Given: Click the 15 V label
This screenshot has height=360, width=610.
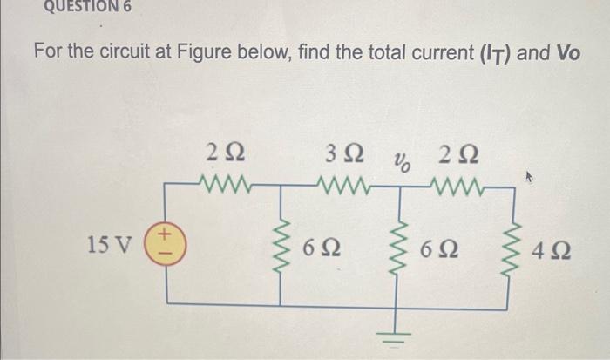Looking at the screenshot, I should coord(110,244).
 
